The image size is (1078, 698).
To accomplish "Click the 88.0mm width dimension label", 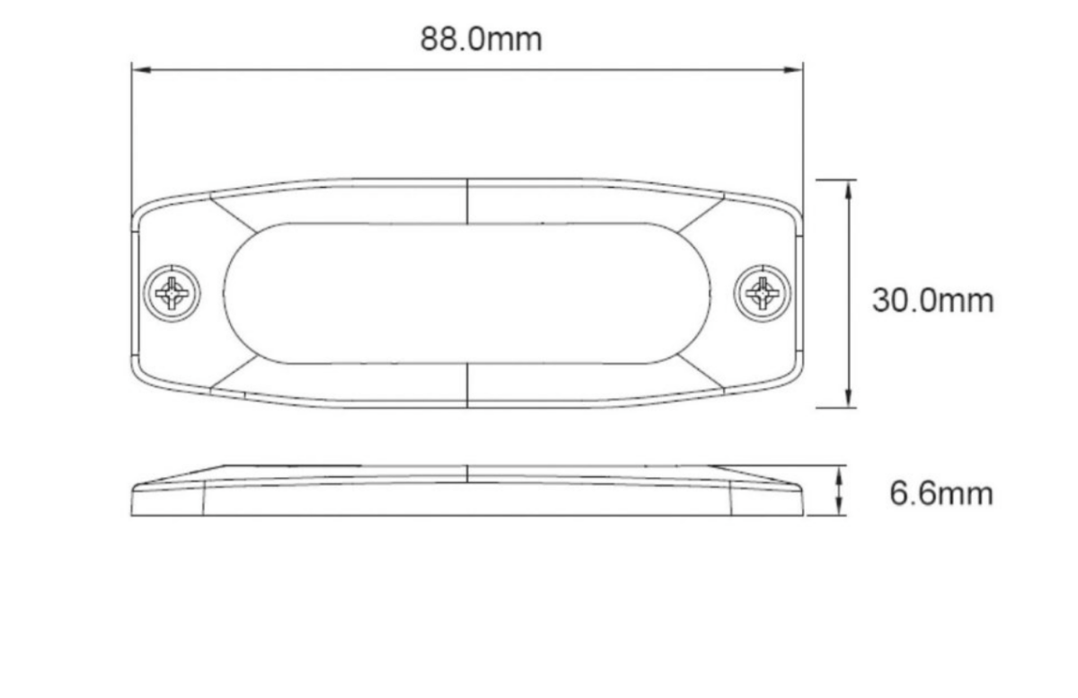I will pos(481,40).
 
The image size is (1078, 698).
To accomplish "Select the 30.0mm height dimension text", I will pos(932,300).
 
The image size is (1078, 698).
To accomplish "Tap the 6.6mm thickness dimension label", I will pos(941,493).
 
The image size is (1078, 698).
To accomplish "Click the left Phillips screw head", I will pos(172,293).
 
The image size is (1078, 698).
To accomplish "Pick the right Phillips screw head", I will pos(763,293).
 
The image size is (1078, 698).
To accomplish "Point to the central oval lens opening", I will pos(467,293).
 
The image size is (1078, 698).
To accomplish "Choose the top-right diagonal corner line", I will pos(701,214).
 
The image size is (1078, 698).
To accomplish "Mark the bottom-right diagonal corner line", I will pos(701,372).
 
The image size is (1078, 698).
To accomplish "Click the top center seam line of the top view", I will pos(467,200).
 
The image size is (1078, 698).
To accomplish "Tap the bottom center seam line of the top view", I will pos(467,385).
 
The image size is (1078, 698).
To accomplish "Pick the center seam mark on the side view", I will pos(467,473).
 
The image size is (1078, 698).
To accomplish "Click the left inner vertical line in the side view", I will pos(203,499).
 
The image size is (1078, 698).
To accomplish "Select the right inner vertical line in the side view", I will pos(730,499).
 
